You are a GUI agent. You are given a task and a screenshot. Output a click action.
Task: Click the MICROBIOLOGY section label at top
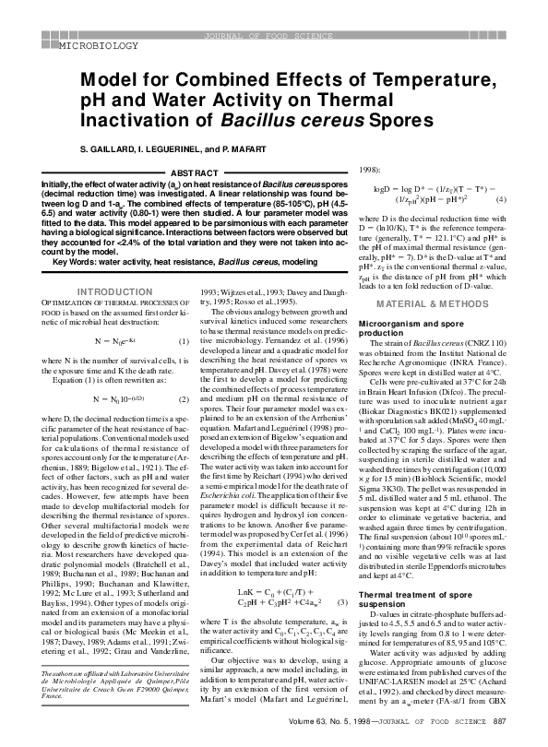pos(98,44)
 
